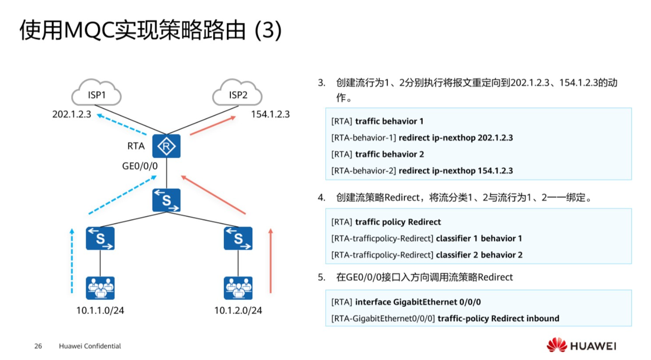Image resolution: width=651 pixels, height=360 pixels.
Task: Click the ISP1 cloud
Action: [96, 94]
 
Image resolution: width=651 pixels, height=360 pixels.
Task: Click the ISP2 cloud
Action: [237, 94]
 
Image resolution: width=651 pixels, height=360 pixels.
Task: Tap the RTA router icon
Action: [166, 147]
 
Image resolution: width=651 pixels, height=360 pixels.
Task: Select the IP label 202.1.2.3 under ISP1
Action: [72, 114]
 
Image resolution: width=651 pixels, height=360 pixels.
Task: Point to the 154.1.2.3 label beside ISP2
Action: [270, 114]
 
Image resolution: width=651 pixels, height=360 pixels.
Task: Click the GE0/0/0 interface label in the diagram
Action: [140, 166]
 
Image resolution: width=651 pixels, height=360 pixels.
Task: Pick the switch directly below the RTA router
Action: [166, 200]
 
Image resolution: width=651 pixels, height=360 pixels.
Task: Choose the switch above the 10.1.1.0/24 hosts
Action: [100, 238]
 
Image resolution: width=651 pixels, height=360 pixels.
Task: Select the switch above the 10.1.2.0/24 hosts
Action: [238, 238]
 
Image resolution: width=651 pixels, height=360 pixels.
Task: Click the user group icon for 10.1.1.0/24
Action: [100, 288]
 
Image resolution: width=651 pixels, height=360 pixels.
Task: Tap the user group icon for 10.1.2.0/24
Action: [238, 288]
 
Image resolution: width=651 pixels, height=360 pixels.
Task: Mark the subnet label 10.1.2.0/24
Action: [238, 310]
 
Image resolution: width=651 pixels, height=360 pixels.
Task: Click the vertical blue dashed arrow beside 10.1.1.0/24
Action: [72, 261]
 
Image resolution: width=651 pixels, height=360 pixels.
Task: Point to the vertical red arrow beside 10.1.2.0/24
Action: [270, 261]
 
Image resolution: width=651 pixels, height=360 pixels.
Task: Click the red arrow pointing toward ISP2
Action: [213, 125]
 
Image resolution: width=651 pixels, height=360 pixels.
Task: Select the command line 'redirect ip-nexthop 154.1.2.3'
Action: [456, 171]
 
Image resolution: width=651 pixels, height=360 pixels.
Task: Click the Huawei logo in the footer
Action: [581, 346]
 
